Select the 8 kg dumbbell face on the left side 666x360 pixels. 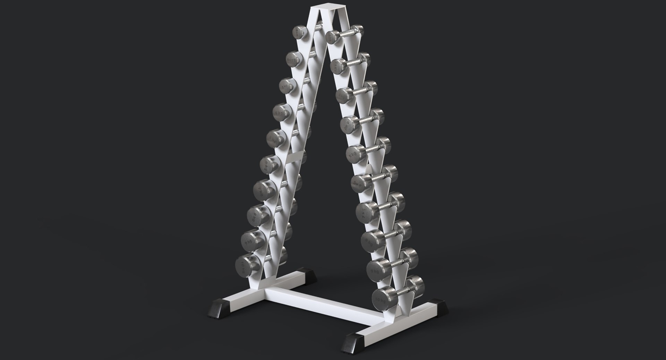[257, 215]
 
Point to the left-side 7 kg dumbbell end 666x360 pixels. [263, 190]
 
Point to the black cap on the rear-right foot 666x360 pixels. [438, 306]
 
